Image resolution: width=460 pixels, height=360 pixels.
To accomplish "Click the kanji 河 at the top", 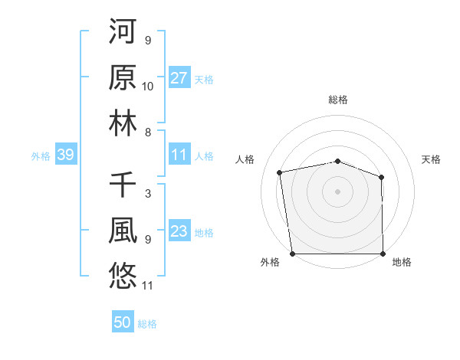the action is [x=123, y=34].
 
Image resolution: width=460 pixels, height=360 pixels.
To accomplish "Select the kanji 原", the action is [x=123, y=78].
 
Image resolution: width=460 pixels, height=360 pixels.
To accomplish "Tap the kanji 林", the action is [x=123, y=123].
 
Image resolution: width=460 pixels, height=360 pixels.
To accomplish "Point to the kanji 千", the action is [x=123, y=185].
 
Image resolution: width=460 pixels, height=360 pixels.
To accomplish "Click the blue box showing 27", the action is [x=179, y=78].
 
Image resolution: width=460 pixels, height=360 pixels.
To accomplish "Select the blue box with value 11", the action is [x=179, y=155].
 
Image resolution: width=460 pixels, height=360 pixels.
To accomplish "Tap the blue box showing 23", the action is [x=179, y=232].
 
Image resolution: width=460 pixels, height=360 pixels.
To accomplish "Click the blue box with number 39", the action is [x=65, y=155].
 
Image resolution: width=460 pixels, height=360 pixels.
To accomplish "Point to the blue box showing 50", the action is [x=123, y=322].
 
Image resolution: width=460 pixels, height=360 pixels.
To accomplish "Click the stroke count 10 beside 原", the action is [x=148, y=87].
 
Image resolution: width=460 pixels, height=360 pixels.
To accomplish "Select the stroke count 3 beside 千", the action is [x=147, y=194].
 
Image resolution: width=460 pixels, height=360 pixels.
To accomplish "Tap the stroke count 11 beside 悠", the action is [x=148, y=286].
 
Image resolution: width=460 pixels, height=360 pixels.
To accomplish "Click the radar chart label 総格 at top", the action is [x=338, y=100].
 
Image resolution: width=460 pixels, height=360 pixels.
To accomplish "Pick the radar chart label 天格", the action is [x=432, y=159].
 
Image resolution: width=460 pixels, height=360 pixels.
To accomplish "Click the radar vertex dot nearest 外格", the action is [x=292, y=254].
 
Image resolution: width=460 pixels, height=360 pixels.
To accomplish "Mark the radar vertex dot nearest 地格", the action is [x=383, y=254].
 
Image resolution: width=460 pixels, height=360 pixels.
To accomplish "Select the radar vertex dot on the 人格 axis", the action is [x=280, y=172].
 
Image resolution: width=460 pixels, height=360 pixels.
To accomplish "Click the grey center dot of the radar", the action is [x=338, y=191].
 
